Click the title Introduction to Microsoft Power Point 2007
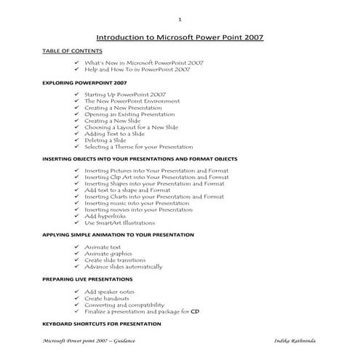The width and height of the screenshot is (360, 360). tap(180, 37)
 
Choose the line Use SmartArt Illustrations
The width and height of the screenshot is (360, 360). tap(119, 223)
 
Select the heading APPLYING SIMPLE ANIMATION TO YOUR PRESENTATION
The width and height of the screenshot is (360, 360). tap(118, 235)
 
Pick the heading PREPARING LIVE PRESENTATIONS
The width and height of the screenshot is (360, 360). tap(87, 279)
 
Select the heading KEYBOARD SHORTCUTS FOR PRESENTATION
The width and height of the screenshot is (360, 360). tap(101, 323)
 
